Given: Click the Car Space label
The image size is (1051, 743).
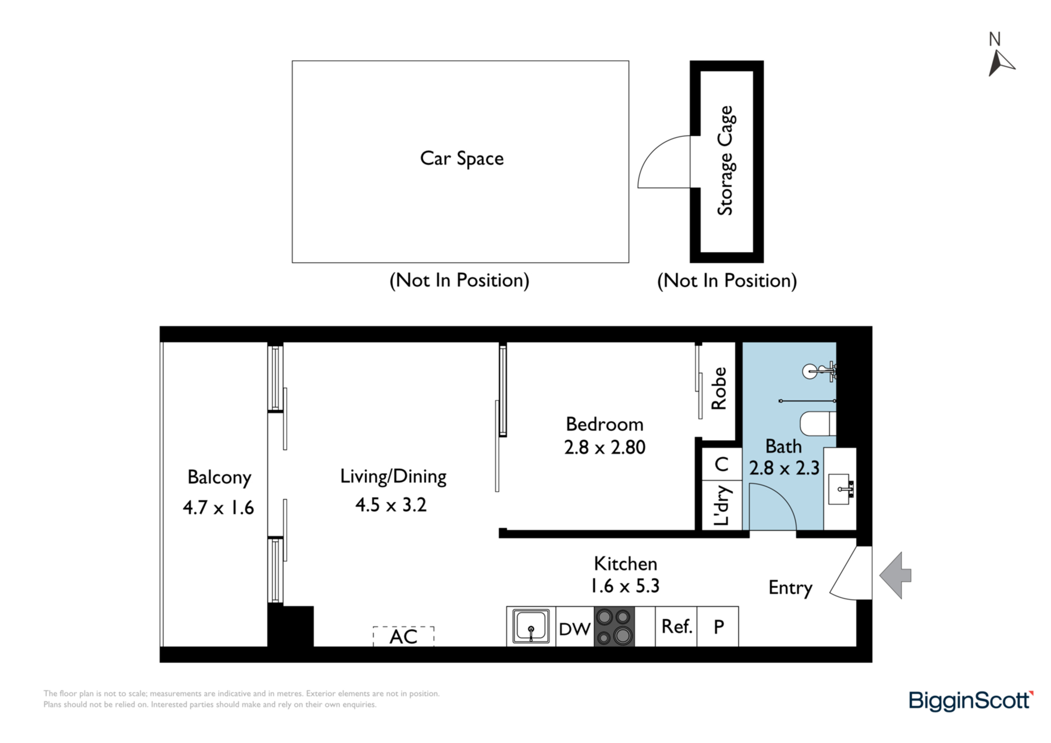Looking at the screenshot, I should [461, 159].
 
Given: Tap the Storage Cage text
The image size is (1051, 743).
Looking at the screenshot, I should [726, 161].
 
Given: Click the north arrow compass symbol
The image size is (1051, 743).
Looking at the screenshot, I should [1000, 63].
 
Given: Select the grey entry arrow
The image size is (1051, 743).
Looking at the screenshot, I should [895, 575].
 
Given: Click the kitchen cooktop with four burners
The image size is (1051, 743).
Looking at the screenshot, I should [614, 626].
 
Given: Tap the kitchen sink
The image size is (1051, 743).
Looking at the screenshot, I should [531, 626].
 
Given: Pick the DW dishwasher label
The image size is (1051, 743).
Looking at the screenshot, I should [574, 629].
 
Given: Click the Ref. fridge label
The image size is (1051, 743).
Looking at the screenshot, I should [676, 626].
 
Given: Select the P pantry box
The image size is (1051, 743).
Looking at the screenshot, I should [718, 626].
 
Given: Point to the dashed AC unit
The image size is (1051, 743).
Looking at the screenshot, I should [403, 636].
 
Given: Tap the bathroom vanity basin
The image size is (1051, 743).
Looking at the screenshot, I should [840, 489].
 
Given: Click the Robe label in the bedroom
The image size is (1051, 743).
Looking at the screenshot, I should [718, 388].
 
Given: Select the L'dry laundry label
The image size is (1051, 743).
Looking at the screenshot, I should [722, 505].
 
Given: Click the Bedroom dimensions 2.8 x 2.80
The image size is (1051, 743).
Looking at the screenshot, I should [604, 448].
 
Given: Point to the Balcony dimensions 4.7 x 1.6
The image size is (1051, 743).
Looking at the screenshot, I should [218, 508].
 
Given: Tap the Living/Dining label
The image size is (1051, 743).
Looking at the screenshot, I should [393, 477].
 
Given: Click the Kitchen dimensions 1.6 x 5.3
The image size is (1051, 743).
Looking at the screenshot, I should [625, 586].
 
